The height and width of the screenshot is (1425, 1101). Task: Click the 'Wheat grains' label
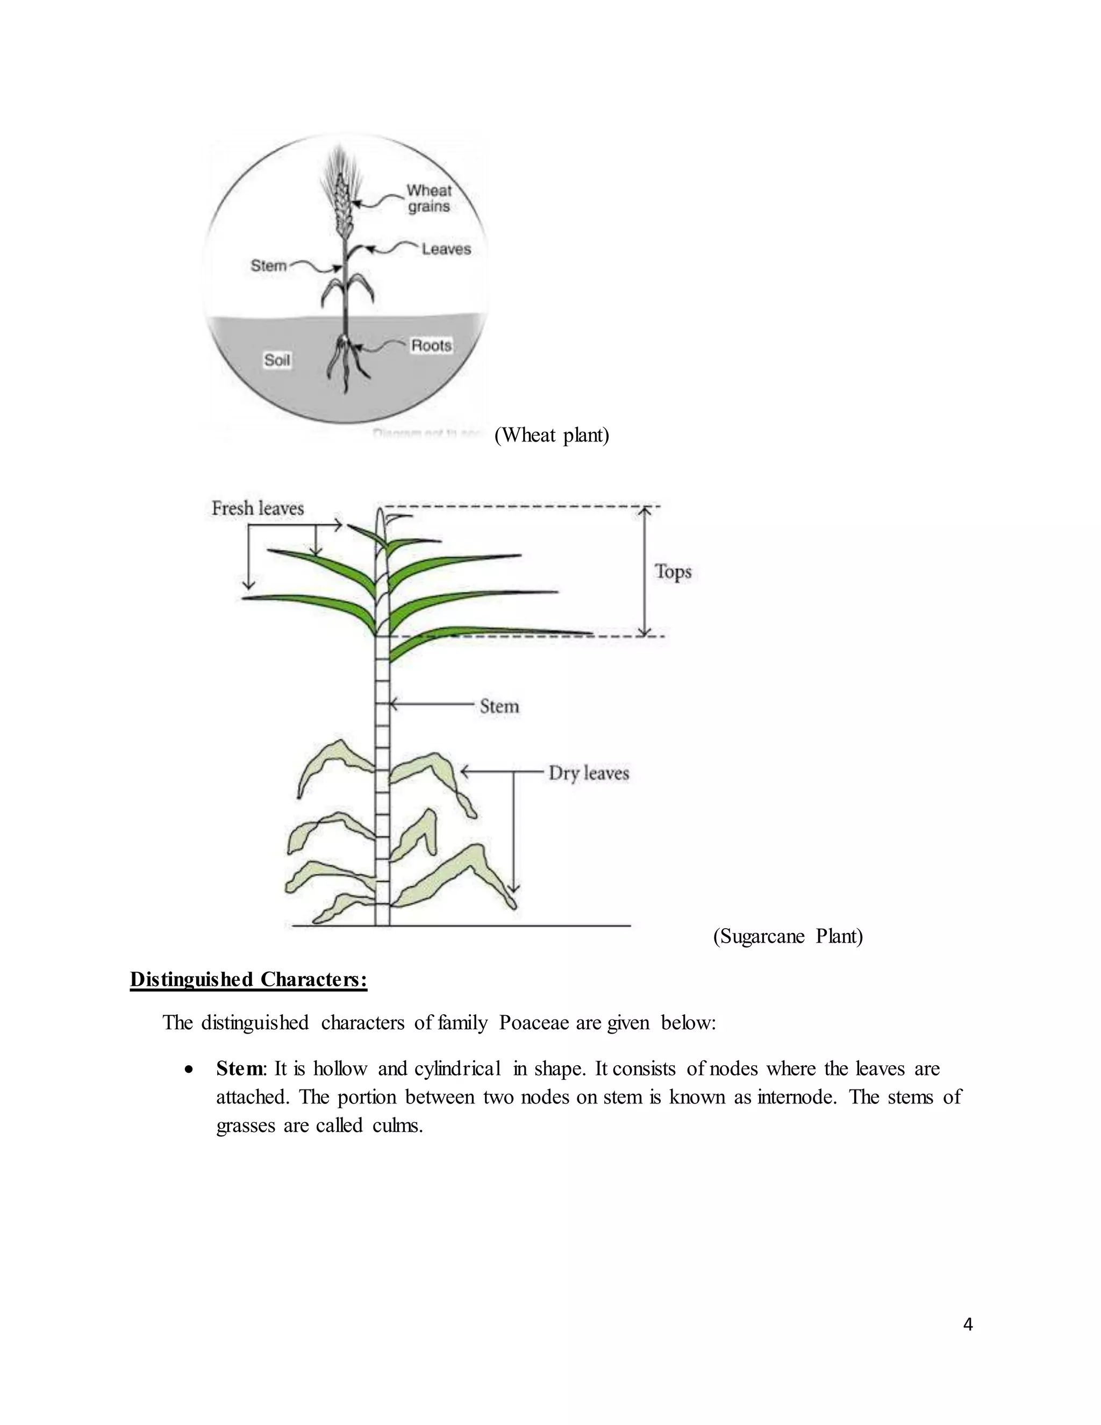[x=428, y=198]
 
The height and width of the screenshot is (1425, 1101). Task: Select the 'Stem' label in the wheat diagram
[x=269, y=266]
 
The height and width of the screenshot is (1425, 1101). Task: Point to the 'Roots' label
[x=431, y=345]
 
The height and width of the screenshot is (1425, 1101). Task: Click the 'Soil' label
[x=276, y=360]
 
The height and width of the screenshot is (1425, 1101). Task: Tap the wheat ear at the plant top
[x=342, y=196]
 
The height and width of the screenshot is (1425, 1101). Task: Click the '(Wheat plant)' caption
[x=552, y=435]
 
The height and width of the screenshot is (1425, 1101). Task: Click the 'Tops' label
[x=673, y=572]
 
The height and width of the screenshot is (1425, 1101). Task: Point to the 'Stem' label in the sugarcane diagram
[x=499, y=706]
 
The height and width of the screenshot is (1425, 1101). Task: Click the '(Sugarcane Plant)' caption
[x=788, y=936]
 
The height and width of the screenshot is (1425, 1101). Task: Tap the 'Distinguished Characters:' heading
[x=248, y=979]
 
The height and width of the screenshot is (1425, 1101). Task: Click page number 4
[x=968, y=1324]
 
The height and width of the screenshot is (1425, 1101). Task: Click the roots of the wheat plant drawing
[x=345, y=362]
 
